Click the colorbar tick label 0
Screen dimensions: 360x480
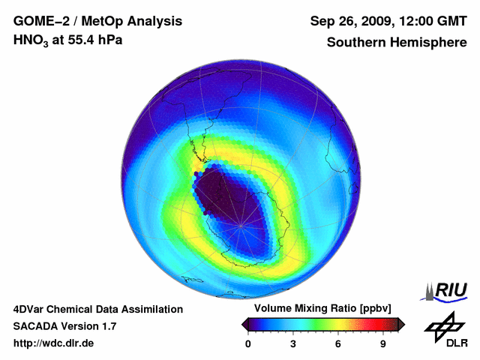248,343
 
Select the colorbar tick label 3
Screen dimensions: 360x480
293,343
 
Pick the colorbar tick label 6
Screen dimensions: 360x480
338,343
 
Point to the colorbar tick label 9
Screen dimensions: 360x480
382,343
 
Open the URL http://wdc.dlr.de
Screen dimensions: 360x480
54,343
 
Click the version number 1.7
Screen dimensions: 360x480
108,326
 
